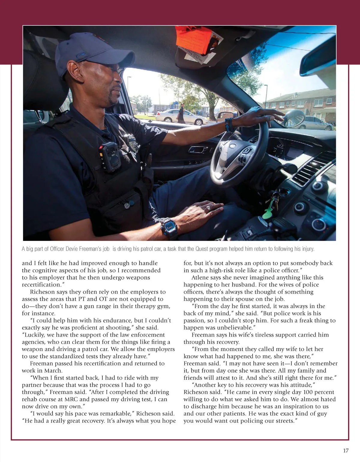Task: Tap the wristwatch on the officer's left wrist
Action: tap(169, 228)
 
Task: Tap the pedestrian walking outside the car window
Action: tap(181, 113)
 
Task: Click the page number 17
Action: tap(346, 451)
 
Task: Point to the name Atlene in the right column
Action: tap(201, 277)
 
